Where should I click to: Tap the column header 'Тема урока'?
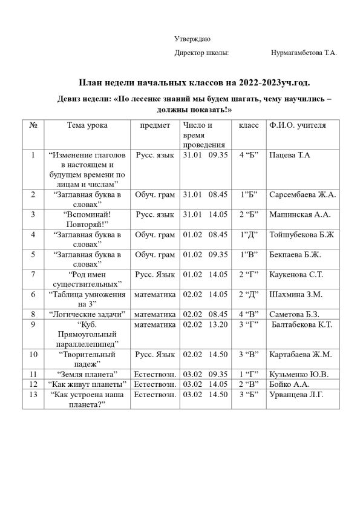pyautogui.click(x=88, y=126)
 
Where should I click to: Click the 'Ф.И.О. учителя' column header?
pyautogui.click(x=296, y=126)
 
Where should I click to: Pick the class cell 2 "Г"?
pyautogui.click(x=249, y=275)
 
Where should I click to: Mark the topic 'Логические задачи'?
pyautogui.click(x=88, y=314)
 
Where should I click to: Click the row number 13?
pyautogui.click(x=34, y=395)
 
